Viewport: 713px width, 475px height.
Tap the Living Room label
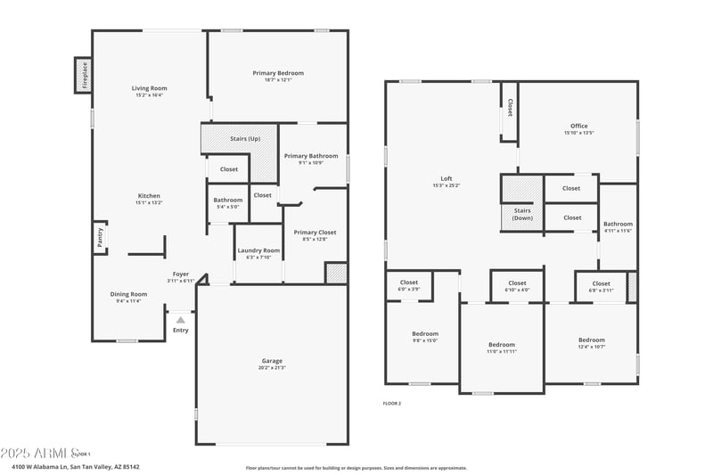click(150, 88)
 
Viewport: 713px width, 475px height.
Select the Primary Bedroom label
click(277, 73)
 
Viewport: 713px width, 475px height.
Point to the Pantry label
click(99, 238)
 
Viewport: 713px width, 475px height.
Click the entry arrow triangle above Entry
click(181, 319)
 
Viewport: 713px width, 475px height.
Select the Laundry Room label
click(258, 250)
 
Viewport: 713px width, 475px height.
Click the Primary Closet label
click(315, 232)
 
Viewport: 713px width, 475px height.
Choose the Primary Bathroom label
click(311, 156)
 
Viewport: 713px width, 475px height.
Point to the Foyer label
click(181, 274)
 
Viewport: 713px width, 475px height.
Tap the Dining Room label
click(128, 294)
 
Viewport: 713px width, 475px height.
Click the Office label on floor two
click(578, 126)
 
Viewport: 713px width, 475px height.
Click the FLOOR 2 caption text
click(392, 404)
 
